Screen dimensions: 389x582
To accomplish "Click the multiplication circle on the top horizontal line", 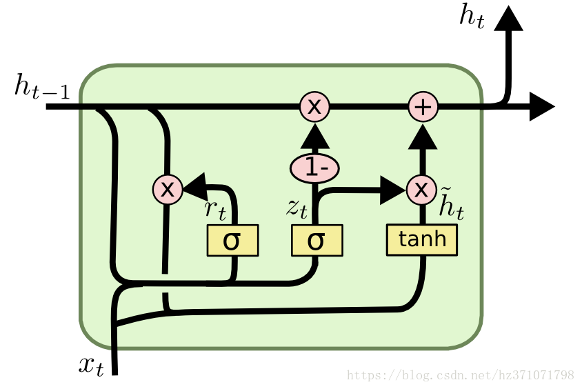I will coord(314,107).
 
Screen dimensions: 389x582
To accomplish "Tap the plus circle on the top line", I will coord(423,107).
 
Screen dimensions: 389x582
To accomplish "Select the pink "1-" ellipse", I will coord(314,168).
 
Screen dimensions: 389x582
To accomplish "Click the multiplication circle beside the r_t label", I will coord(168,188).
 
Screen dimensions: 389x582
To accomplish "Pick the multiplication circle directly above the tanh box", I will coord(421,189).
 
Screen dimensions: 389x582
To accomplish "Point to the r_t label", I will coord(215,210).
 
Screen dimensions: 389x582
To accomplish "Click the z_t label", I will coord(297,208).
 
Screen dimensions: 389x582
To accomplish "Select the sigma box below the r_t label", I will coord(233,240).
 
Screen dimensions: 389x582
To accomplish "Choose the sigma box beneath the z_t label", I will coord(317,240).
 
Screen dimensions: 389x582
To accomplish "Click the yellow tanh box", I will coord(422,239).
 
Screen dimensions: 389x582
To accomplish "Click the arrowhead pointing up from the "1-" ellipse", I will coord(314,141).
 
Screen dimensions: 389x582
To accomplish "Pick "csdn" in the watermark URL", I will coord(450,376).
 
